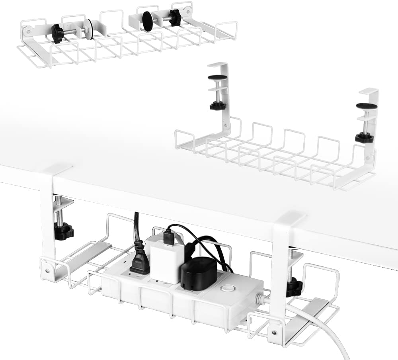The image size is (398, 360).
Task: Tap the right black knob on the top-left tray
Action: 174,17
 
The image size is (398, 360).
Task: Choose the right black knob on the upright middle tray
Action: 364,137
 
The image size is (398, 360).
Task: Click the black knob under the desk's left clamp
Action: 64,231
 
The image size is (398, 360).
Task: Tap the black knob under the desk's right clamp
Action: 294,286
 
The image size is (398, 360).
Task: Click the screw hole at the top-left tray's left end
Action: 29,30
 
